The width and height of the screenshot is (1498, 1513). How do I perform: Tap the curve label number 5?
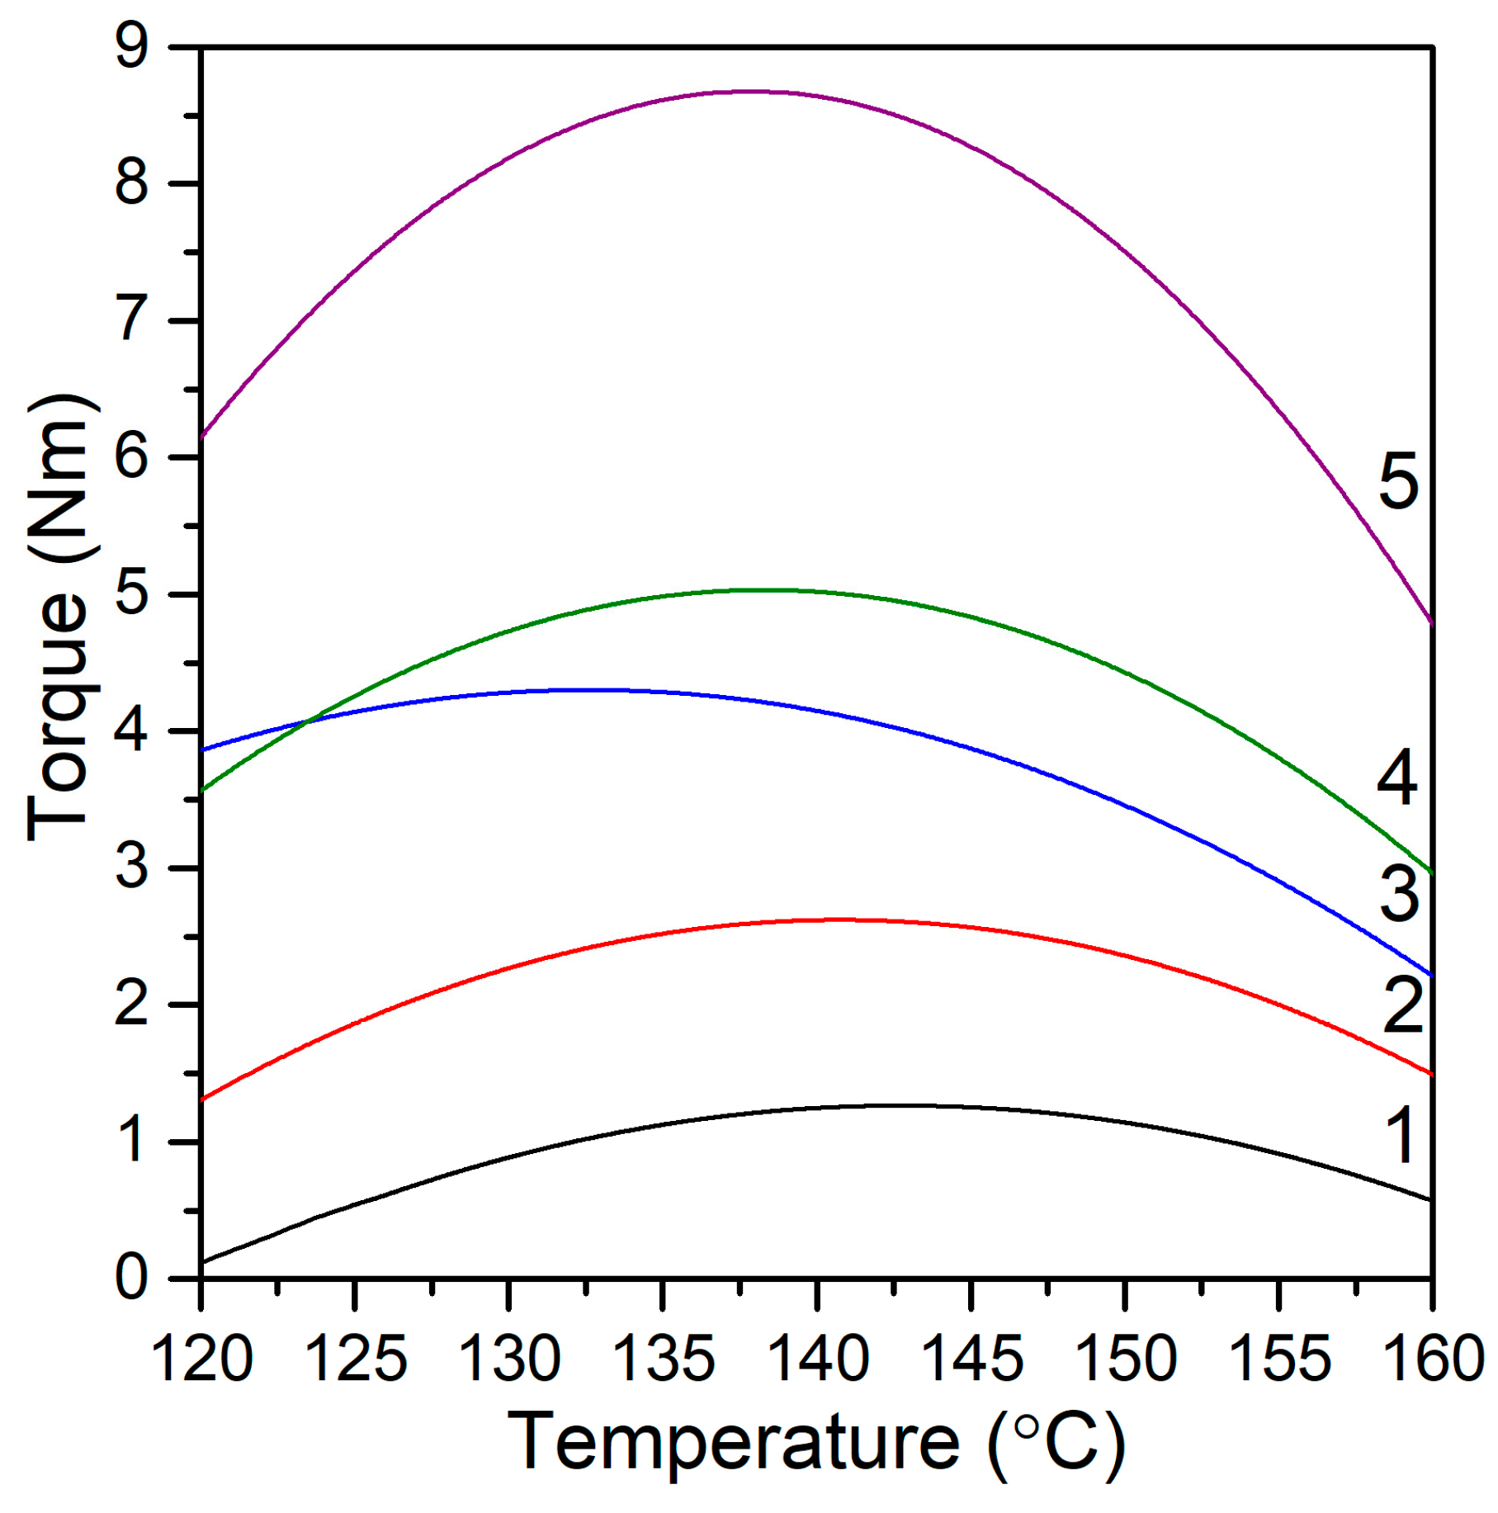click(x=1398, y=480)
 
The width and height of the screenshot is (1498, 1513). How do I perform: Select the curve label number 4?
click(x=1396, y=778)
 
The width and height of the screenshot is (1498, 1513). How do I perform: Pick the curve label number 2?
click(x=1402, y=1005)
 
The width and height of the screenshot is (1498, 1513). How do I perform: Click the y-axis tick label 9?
click(x=132, y=46)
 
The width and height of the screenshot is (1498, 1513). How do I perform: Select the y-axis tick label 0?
click(x=132, y=1278)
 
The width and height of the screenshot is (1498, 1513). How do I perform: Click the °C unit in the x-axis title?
click(x=1056, y=1441)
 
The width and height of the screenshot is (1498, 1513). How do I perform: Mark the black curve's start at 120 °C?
click(x=203, y=1262)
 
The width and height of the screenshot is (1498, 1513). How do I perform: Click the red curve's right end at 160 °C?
click(x=1430, y=1073)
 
